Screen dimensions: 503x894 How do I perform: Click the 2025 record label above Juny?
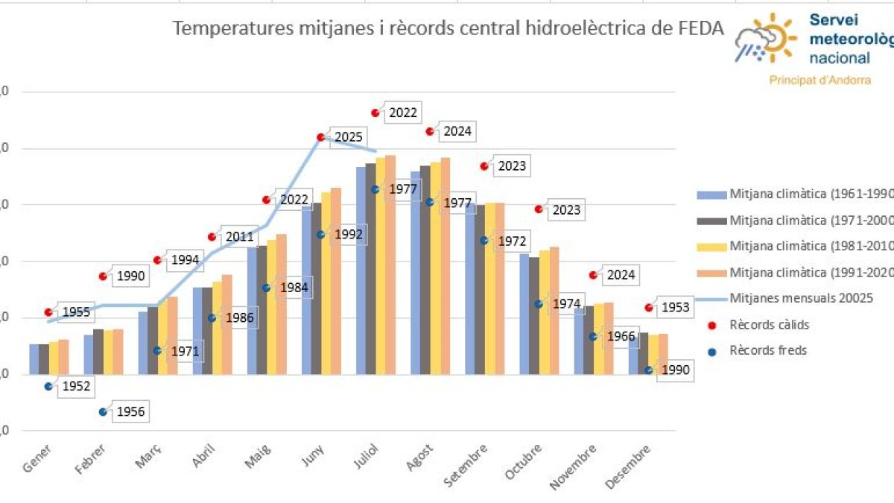(x=348, y=137)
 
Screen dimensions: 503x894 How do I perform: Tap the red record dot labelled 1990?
(x=103, y=276)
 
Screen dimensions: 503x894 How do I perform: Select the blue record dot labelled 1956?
(x=103, y=411)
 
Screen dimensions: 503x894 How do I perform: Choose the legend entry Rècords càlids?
(x=769, y=325)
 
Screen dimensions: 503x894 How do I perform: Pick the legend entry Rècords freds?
(x=767, y=350)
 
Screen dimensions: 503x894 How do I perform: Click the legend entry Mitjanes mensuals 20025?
(x=801, y=298)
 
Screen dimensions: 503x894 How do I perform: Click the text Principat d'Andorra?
(x=819, y=80)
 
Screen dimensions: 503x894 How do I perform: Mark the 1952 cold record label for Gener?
(x=75, y=386)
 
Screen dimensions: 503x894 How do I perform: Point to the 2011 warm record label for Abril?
(x=239, y=237)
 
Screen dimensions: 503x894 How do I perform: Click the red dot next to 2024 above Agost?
(x=430, y=131)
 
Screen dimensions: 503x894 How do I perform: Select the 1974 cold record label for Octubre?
(x=566, y=304)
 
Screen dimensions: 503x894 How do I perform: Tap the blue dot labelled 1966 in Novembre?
(x=593, y=337)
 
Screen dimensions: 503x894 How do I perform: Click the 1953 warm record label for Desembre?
(x=675, y=307)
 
